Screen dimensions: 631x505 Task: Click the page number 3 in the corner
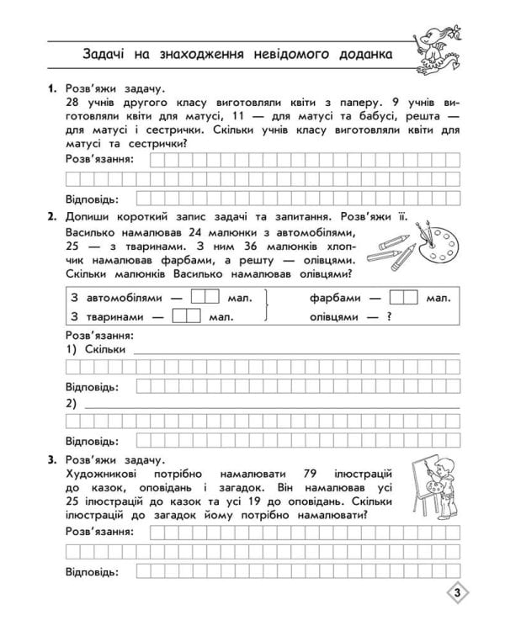pos(455,594)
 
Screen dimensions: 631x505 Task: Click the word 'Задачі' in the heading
pos(108,56)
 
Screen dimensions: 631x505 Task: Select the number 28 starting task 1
pos(72,103)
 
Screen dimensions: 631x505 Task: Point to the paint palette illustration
pos(439,244)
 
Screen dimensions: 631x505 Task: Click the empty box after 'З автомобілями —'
pos(205,297)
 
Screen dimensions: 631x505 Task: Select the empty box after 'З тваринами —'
pos(186,316)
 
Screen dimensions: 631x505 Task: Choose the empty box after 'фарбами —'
pos(404,297)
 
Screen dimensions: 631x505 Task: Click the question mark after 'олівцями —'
pos(390,316)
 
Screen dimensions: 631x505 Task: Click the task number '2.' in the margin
pos(52,217)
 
